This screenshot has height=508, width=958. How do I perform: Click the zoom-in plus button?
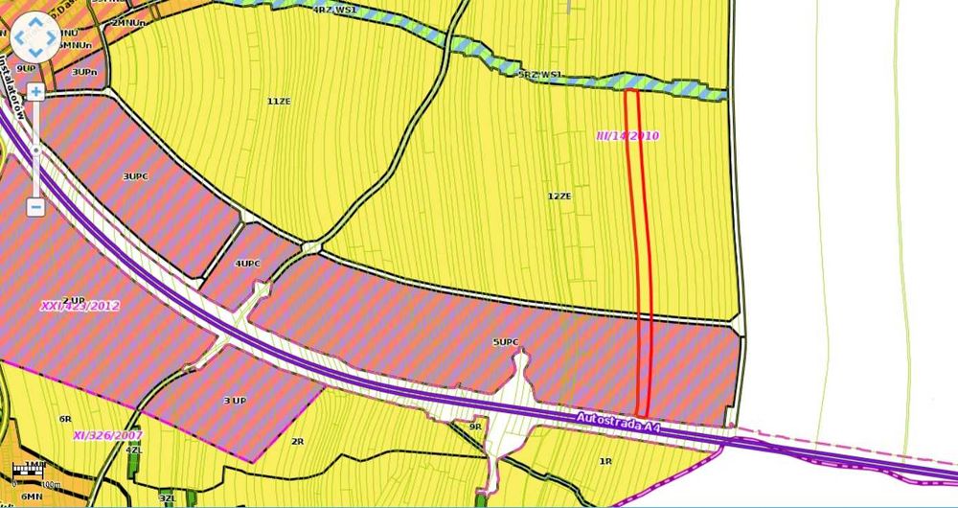(x=35, y=92)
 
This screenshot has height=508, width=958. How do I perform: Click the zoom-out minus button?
(x=35, y=205)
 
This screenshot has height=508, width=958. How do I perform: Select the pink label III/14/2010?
(x=627, y=136)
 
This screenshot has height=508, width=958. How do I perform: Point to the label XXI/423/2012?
(x=80, y=308)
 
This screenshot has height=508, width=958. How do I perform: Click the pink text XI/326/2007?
(x=107, y=435)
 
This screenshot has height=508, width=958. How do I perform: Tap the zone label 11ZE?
(x=279, y=101)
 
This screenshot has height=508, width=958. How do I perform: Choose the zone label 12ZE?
(x=559, y=196)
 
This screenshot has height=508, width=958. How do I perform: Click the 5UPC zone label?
(x=505, y=342)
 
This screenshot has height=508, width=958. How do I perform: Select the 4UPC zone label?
(x=247, y=263)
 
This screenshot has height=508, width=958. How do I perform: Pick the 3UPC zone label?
(x=135, y=176)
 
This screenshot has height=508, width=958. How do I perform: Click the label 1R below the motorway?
(x=604, y=462)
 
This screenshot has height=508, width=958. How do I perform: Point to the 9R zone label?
(x=474, y=427)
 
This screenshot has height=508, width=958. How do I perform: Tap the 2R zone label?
(x=297, y=442)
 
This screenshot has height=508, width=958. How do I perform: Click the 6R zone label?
(x=65, y=419)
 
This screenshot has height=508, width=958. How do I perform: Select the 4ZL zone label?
(x=133, y=450)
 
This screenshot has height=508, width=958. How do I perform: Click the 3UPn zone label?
(x=83, y=72)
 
